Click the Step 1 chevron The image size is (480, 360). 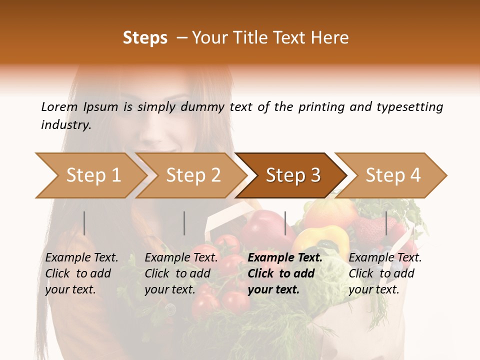click(x=92, y=175)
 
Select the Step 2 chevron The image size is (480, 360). click(x=192, y=175)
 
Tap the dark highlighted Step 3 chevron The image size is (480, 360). click(x=292, y=175)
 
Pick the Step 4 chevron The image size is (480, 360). click(x=392, y=175)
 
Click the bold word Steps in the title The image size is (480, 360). click(x=145, y=38)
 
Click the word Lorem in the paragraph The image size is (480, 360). click(x=59, y=106)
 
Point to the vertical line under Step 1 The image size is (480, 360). click(x=84, y=223)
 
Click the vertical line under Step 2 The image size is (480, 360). click(x=184, y=223)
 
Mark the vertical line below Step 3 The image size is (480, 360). click(x=285, y=223)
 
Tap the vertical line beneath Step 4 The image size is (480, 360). click(x=386, y=223)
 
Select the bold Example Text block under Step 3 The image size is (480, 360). click(x=285, y=273)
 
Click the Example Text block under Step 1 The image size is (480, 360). click(x=81, y=273)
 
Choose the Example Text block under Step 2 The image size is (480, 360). click(x=181, y=273)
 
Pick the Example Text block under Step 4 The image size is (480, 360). click(x=385, y=273)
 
